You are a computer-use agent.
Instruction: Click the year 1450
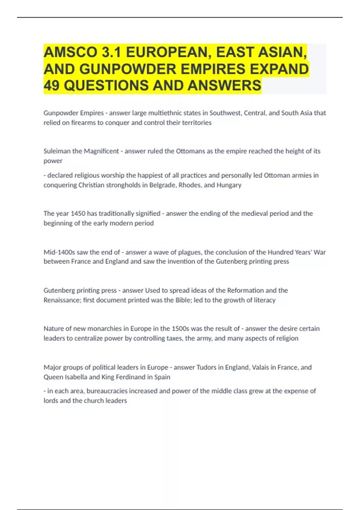point(78,213)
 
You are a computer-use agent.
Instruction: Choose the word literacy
point(264,300)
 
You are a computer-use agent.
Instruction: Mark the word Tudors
point(206,367)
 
